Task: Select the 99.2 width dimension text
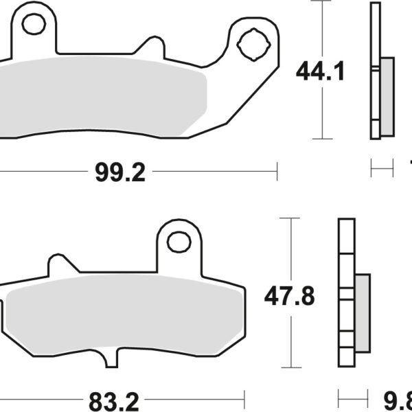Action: point(121,172)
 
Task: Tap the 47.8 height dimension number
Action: point(290,297)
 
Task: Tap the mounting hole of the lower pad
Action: point(179,242)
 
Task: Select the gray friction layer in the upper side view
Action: point(387,96)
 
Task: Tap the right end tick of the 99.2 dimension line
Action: point(277,172)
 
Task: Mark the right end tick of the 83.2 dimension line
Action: point(244,396)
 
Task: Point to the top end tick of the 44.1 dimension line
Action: point(321,2)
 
